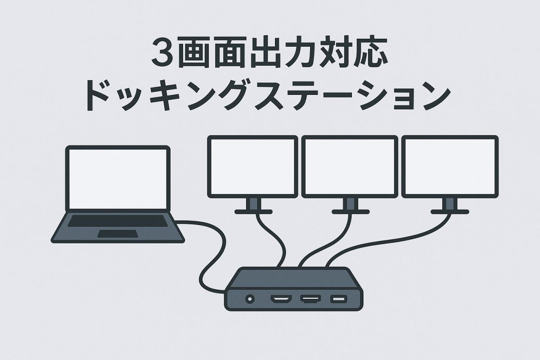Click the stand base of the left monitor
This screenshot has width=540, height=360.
[253, 211]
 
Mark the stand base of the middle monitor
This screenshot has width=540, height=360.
[351, 211]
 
